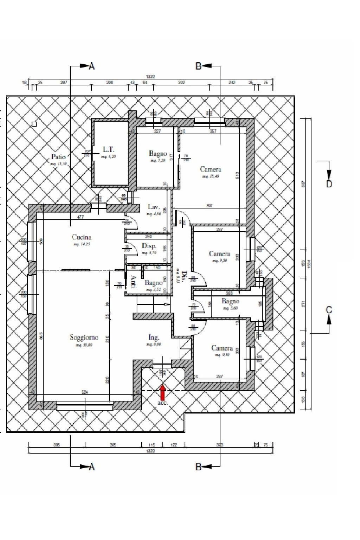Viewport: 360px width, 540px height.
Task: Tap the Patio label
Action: point(58,156)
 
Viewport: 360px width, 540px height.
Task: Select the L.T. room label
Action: point(108,149)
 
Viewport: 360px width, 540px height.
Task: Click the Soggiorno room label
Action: point(84,337)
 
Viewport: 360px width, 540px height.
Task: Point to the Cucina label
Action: point(82,237)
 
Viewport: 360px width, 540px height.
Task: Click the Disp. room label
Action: point(149,246)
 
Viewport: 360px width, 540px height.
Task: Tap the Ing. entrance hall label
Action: point(154,337)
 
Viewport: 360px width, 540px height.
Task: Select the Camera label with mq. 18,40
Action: point(210,169)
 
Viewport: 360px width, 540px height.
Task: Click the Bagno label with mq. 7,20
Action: point(158,153)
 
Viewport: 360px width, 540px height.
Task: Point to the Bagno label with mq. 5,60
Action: point(230,301)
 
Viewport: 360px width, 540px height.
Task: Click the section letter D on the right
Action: point(329,184)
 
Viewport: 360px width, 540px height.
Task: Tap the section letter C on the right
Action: point(329,310)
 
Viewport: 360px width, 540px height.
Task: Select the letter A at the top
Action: point(92,66)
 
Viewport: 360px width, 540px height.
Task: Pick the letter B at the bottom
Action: point(199,467)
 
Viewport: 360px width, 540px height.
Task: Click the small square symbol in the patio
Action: point(34,124)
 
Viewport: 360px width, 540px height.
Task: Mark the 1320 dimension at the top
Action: point(150,77)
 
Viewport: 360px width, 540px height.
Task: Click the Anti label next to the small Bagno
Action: point(133,282)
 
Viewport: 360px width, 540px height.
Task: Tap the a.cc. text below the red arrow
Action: point(163,403)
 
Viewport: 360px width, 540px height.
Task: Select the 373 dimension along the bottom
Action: point(219,445)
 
